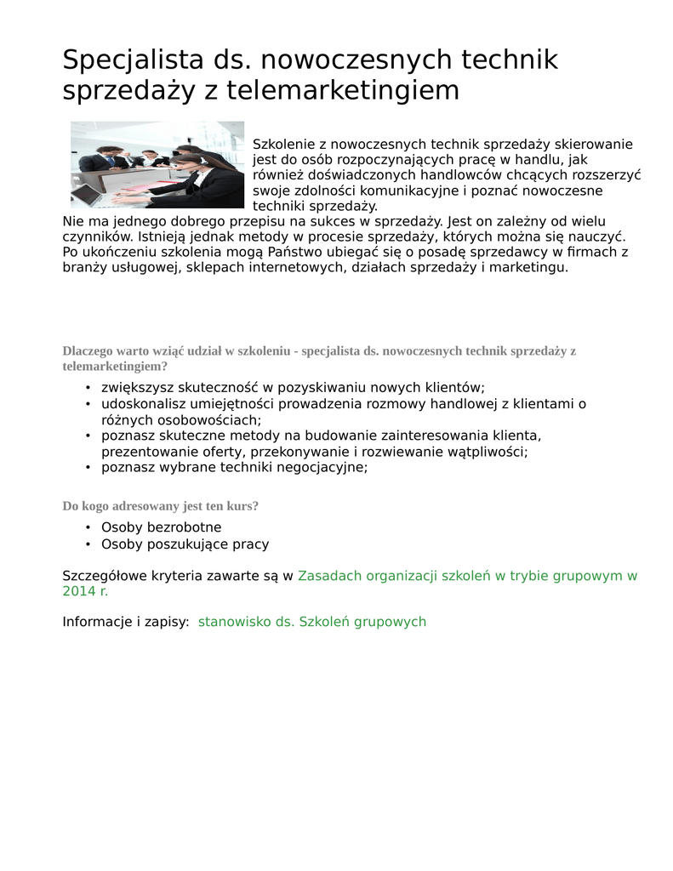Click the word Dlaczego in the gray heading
point(88,350)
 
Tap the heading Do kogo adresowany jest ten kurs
point(161,506)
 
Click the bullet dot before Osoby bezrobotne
point(88,528)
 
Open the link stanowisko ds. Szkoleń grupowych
point(311,622)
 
